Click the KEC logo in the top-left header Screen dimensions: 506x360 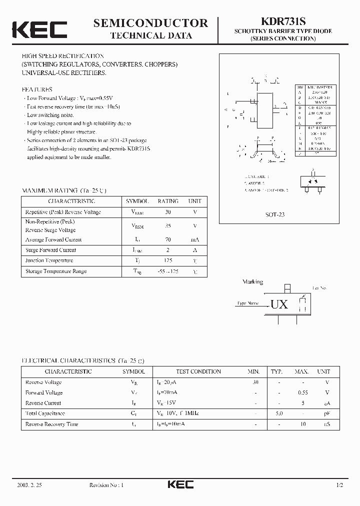click(39, 29)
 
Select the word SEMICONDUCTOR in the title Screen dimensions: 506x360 click(150, 22)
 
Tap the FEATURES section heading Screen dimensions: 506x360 click(37, 89)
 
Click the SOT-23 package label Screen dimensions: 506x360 click(274, 214)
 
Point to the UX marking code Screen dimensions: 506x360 click(279, 304)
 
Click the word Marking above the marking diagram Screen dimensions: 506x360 click(252, 282)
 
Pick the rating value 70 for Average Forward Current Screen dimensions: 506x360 click(167, 239)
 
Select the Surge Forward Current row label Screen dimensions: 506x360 click(50, 250)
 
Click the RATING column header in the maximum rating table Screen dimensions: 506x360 click(167, 201)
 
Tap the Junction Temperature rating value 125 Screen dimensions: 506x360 click(167, 260)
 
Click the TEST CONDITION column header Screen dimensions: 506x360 click(198, 371)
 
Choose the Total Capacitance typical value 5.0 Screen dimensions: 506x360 click(279, 413)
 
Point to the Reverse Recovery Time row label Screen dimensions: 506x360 click(51, 424)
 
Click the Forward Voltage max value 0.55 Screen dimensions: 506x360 click(301, 392)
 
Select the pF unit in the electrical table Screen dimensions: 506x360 click(326, 413)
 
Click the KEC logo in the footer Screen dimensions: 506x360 click(179, 484)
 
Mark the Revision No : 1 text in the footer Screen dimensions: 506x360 click(106, 485)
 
